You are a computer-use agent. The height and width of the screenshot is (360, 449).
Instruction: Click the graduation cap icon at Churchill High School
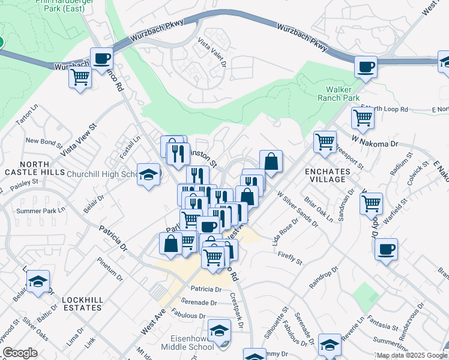(x=148, y=175)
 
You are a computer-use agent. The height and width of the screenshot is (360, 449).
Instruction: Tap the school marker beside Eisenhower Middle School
(x=219, y=331)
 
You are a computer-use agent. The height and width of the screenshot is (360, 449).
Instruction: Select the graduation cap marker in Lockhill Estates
(x=38, y=282)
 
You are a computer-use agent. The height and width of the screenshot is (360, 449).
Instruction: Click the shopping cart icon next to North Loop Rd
(x=363, y=118)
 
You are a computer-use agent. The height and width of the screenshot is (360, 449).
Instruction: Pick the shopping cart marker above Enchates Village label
(x=325, y=142)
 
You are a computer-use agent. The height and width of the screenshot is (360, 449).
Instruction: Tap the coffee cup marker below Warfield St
(x=386, y=248)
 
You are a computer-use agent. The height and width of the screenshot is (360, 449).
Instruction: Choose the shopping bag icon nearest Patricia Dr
(x=170, y=244)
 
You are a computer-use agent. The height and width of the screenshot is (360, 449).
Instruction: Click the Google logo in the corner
(x=19, y=353)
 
